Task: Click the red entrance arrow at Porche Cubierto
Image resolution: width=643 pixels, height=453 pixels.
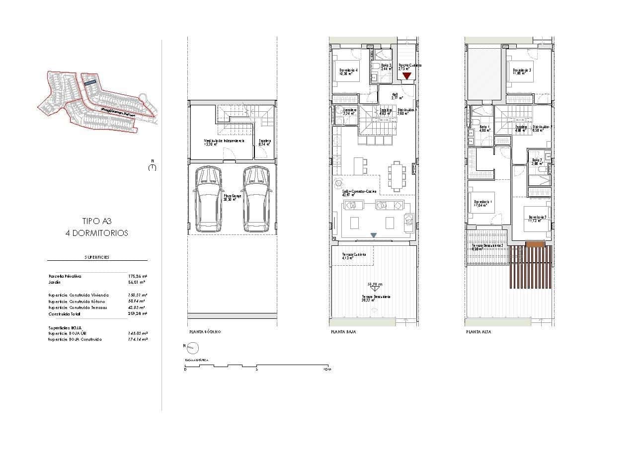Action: (407, 76)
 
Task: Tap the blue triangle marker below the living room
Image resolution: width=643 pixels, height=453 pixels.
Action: (374, 235)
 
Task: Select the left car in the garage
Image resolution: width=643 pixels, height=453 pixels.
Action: (209, 199)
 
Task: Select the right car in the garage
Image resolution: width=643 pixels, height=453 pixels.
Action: (256, 199)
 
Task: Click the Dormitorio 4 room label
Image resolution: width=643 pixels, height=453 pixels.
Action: (349, 70)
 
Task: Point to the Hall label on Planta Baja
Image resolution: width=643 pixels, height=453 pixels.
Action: (395, 94)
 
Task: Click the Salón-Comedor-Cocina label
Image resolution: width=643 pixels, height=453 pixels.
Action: (359, 191)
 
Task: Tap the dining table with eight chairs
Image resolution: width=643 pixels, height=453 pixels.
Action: (396, 176)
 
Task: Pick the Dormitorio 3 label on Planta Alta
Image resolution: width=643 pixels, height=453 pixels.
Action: (522, 70)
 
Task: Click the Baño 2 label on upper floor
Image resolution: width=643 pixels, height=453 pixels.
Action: (536, 160)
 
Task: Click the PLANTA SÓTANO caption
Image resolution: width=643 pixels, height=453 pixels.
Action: (205, 332)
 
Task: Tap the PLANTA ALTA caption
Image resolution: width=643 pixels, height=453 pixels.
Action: (479, 332)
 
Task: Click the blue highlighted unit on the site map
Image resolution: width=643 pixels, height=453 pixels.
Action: (90, 83)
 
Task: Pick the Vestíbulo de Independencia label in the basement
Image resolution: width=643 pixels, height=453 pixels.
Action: (224, 141)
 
